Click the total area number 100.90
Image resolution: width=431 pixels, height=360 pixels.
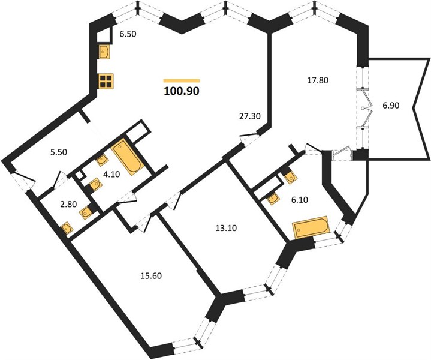[x=182, y=91]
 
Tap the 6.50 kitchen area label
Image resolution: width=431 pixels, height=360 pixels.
[x=128, y=34]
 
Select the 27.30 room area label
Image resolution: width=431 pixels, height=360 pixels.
[x=249, y=116]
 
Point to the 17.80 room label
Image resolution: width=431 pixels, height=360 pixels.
[x=318, y=80]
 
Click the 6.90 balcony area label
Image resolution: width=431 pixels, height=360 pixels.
[x=391, y=105]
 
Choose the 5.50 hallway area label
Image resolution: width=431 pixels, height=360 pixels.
[x=59, y=152]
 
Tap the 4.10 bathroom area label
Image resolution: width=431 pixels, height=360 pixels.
[x=111, y=175]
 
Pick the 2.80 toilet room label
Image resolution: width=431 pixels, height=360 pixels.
[x=68, y=205]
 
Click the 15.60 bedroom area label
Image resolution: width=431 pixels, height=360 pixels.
[x=151, y=275]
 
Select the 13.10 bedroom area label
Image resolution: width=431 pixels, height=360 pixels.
[x=226, y=228]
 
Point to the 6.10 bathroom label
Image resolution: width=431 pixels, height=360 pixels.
[x=300, y=200]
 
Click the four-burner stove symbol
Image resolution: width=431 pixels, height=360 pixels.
[x=106, y=81]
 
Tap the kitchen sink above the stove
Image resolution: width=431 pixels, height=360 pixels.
[x=104, y=52]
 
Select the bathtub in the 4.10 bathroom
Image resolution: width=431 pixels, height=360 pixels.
[x=127, y=157]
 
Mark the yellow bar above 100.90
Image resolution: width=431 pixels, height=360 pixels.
[x=182, y=80]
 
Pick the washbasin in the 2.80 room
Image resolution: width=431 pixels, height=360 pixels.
[x=67, y=228]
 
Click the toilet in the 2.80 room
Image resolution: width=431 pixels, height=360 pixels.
[x=87, y=212]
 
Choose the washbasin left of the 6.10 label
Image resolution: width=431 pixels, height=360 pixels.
[x=273, y=199]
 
